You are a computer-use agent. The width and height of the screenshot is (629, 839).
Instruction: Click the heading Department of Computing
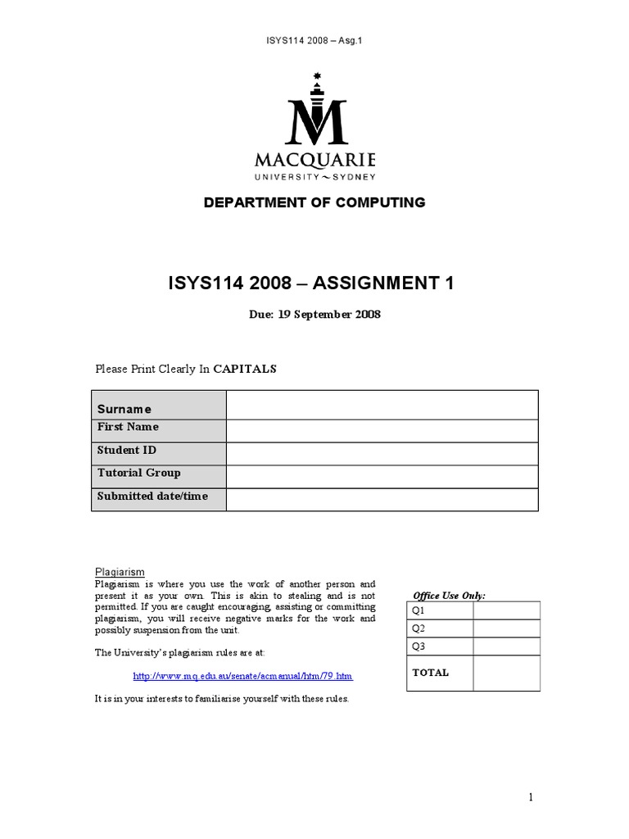314,202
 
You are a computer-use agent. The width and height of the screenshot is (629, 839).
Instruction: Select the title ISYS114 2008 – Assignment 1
310,283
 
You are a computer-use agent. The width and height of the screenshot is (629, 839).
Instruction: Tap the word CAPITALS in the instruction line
245,369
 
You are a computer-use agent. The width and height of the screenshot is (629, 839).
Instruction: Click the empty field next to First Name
382,430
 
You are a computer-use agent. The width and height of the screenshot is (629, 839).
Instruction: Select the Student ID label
127,451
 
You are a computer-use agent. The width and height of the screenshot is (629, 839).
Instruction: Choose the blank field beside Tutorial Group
382,475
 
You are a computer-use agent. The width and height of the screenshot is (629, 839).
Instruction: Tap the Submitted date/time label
152,497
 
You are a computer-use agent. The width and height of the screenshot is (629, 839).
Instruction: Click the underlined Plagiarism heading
120,572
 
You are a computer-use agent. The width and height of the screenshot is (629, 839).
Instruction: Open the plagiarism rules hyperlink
242,676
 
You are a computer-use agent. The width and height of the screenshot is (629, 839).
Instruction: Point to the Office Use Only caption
449,596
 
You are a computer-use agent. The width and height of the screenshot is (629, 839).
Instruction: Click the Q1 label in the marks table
419,610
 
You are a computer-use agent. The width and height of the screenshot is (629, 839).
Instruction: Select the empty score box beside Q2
506,628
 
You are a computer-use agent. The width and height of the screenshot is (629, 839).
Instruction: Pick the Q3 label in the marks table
419,646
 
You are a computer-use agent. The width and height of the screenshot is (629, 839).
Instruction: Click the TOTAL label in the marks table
431,673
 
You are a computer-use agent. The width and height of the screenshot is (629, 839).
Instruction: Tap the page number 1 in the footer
531,797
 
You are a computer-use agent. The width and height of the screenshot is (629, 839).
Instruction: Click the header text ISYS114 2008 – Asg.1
314,40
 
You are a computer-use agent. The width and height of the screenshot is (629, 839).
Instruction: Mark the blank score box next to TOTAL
506,673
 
